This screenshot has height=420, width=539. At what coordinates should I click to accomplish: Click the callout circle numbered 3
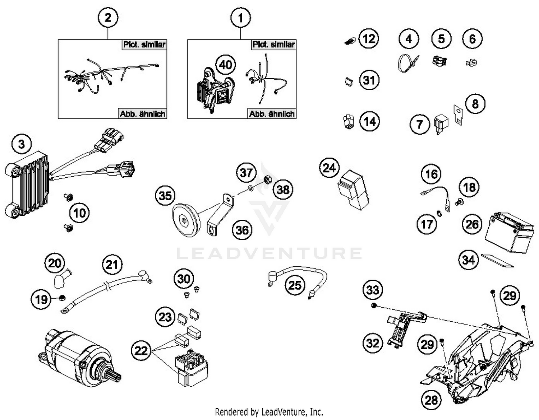[22, 144]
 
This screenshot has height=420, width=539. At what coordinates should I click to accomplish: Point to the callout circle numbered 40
[226, 65]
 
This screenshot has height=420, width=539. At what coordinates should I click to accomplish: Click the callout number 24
[329, 168]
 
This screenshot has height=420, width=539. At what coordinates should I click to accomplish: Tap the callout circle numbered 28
[431, 400]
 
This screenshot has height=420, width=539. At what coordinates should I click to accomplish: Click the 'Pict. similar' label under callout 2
[144, 45]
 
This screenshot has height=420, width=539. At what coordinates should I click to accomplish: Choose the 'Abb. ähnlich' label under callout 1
[272, 114]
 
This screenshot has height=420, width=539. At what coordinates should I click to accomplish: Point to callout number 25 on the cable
[295, 285]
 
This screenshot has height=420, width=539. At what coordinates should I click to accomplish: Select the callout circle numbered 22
[141, 350]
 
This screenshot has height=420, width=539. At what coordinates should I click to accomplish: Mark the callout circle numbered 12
[369, 39]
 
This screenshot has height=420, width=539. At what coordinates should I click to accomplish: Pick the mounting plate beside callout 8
[458, 115]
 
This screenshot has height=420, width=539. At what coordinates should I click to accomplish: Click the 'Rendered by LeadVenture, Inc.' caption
[269, 411]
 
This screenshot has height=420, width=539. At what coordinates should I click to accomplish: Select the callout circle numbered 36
[242, 230]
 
